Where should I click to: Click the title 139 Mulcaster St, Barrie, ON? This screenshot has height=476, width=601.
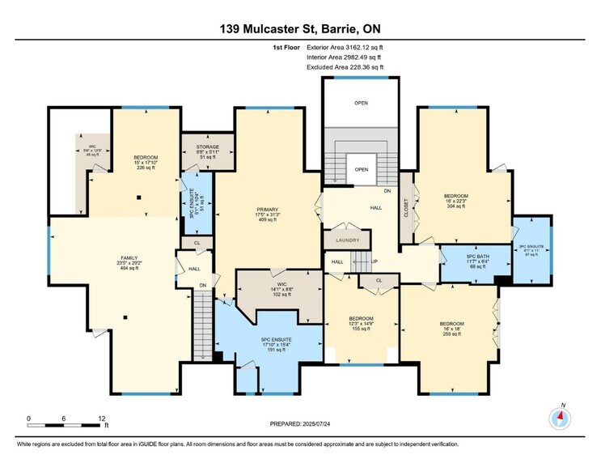(x=300, y=28)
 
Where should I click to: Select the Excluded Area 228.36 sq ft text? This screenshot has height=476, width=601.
(x=349, y=67)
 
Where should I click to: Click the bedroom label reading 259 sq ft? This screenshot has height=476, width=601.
(x=451, y=308)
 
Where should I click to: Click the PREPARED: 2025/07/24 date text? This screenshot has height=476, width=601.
(x=300, y=423)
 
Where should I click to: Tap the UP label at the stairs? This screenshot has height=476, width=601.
(x=375, y=261)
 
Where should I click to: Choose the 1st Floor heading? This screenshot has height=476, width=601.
(x=286, y=48)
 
